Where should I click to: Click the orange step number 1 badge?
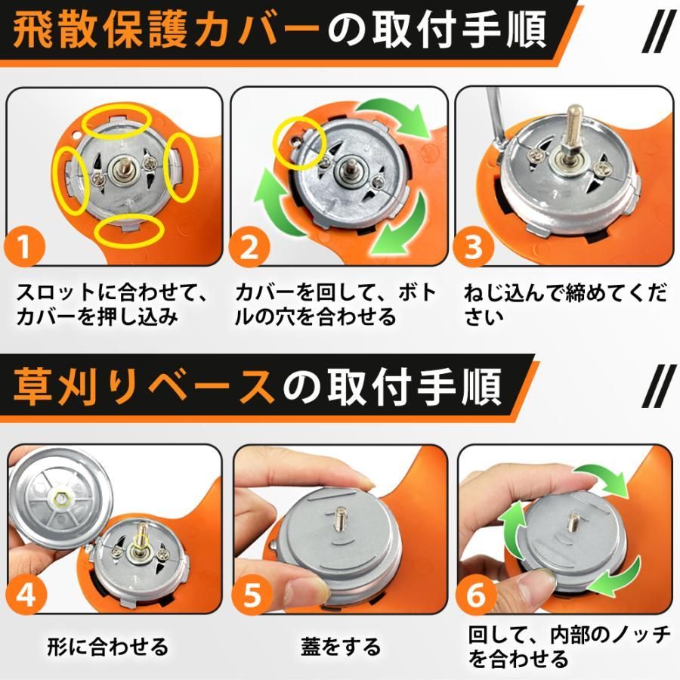point(25,246)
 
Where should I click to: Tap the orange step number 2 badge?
point(249,246)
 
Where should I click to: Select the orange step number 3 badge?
point(474,246)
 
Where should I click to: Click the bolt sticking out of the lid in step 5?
point(339,518)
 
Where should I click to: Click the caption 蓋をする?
point(341,646)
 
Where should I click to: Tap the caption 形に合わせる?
point(107,646)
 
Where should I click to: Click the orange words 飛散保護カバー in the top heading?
point(166,29)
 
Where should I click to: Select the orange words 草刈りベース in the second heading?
point(144,386)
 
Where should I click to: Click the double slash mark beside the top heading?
point(658,30)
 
